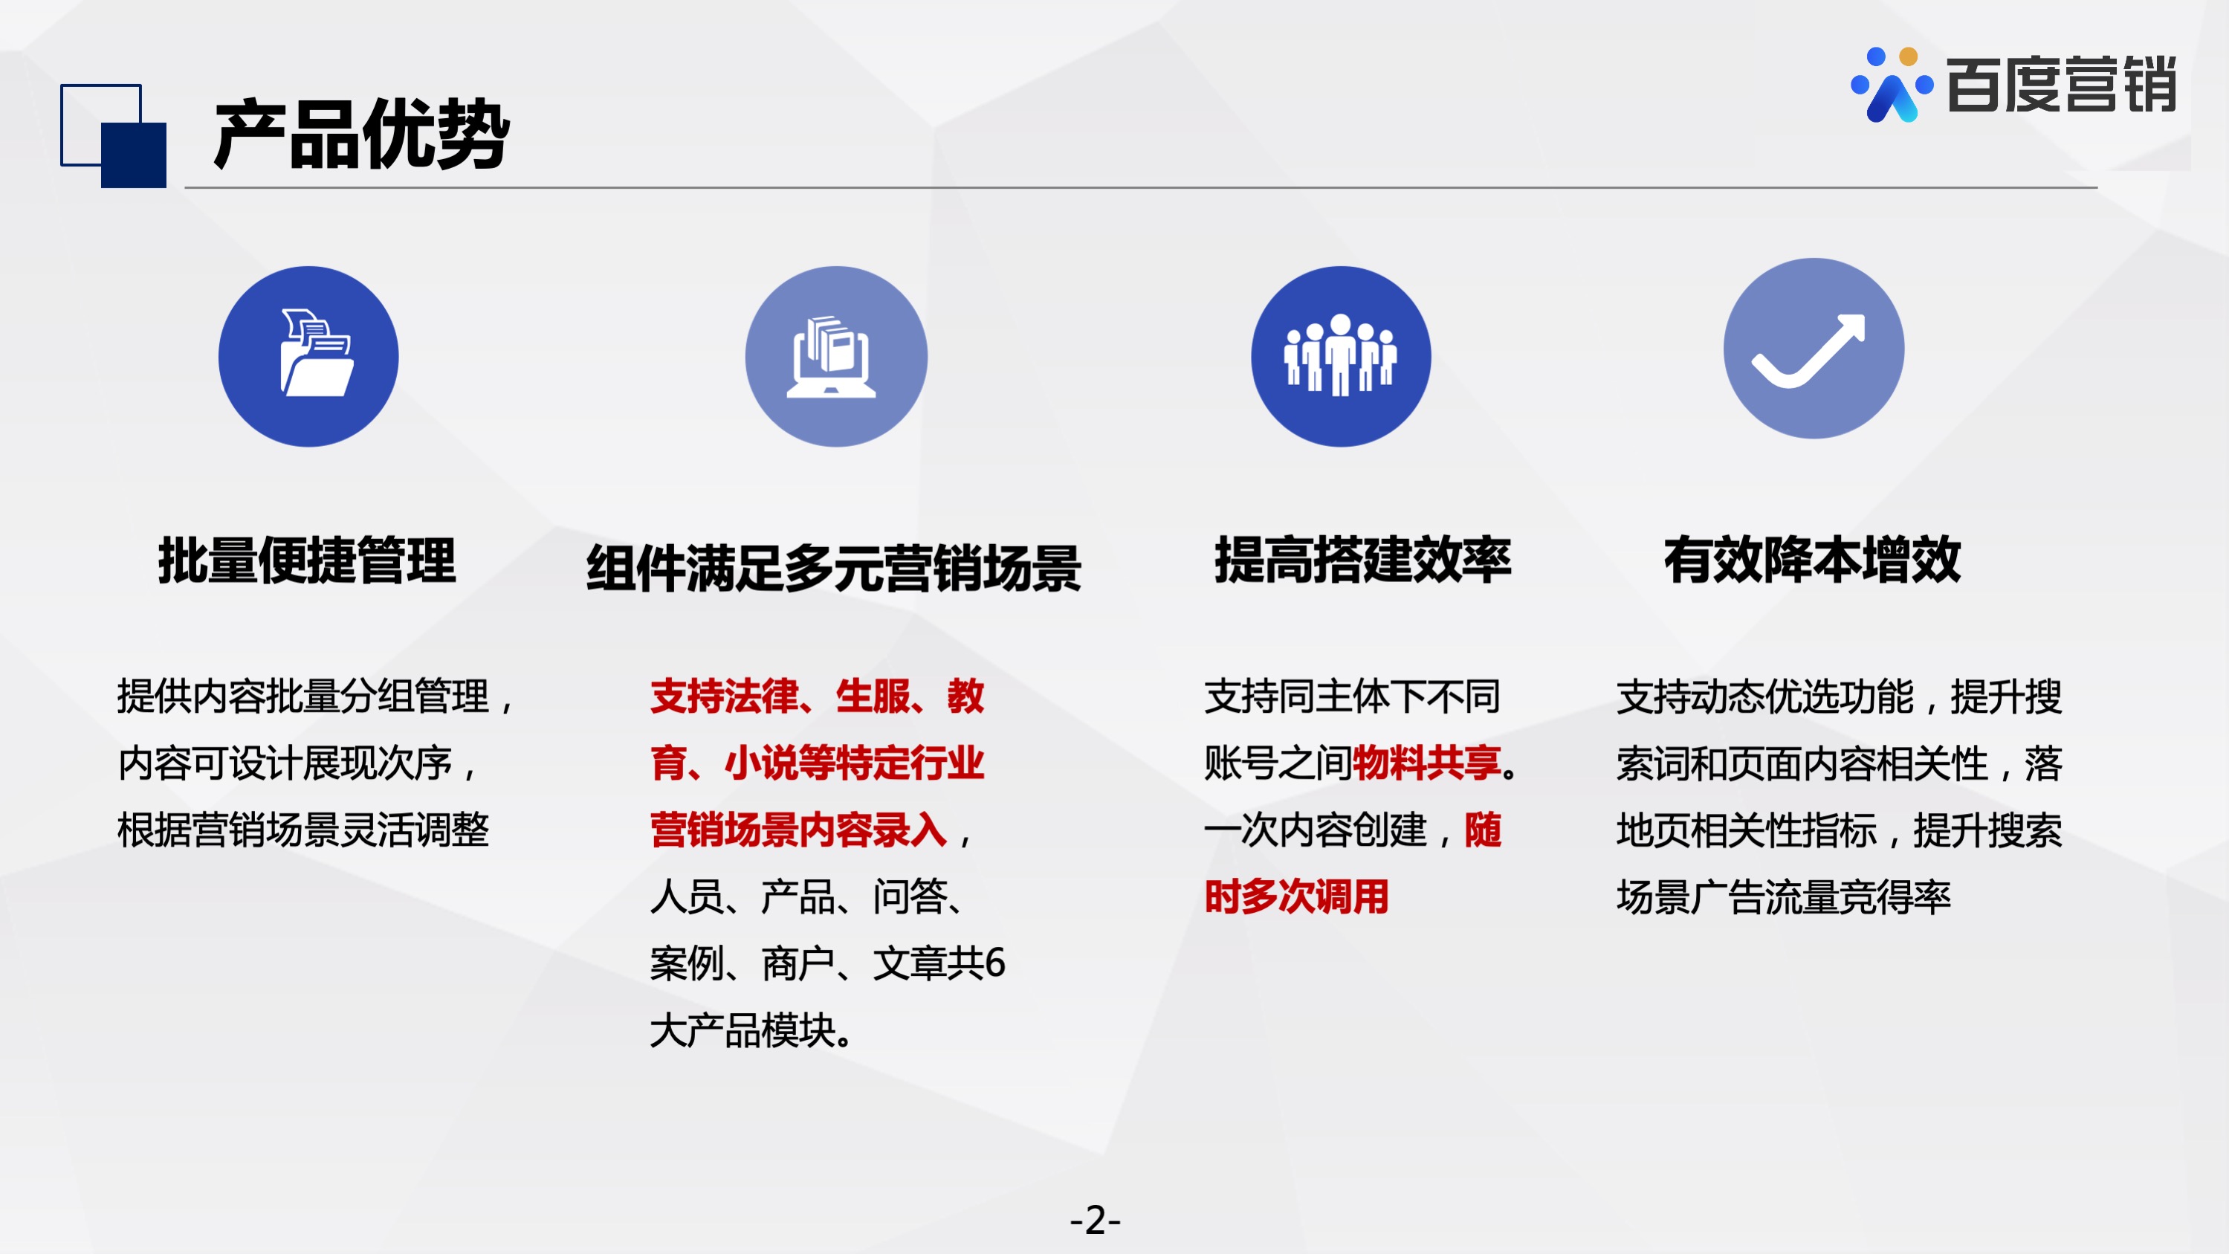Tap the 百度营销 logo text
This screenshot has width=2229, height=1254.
[x=2061, y=85]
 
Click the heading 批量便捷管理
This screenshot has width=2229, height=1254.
[x=307, y=560]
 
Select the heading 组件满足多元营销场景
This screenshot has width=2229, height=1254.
[x=834, y=569]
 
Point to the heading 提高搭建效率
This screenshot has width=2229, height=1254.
[x=1363, y=560]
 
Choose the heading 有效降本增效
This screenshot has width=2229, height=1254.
[x=1813, y=560]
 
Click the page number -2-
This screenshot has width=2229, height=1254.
[x=1096, y=1221]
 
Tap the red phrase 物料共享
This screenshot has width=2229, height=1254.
[x=1427, y=763]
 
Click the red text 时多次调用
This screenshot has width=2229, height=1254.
[x=1296, y=896]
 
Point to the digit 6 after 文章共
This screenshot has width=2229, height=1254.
[x=995, y=963]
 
